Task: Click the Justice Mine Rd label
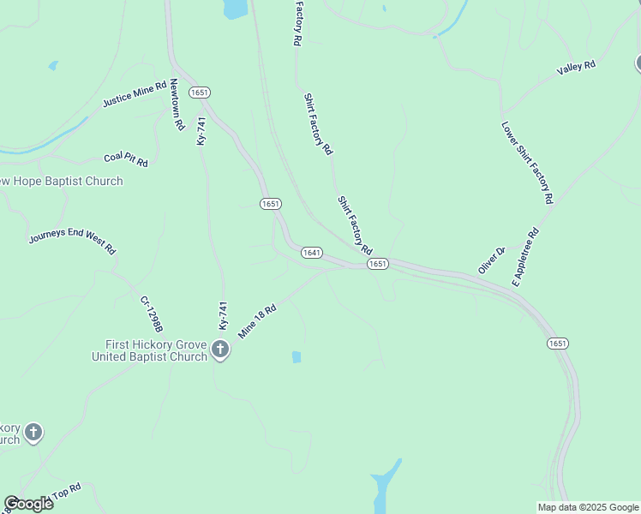135,94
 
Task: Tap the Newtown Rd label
177,105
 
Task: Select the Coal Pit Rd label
126,160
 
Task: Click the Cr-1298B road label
151,314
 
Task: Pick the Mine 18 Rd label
257,321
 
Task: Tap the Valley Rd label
575,67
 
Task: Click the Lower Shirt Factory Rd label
527,162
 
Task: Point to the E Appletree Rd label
525,256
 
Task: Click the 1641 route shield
311,252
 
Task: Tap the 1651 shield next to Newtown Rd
200,92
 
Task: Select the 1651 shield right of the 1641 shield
378,264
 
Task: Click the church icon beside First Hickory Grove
220,349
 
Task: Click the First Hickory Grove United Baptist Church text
150,350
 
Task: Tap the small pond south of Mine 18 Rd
297,356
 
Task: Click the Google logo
28,504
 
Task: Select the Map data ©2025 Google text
588,507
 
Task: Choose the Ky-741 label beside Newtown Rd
201,130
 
